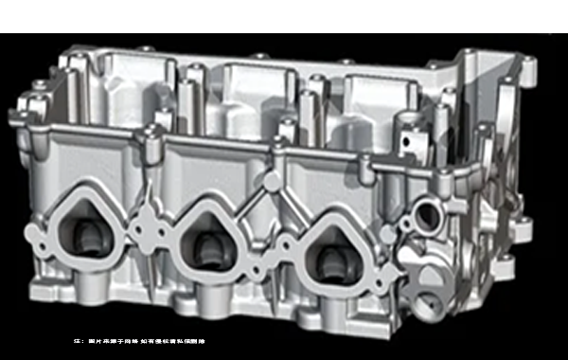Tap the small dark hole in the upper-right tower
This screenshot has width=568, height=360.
point(407,142)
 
